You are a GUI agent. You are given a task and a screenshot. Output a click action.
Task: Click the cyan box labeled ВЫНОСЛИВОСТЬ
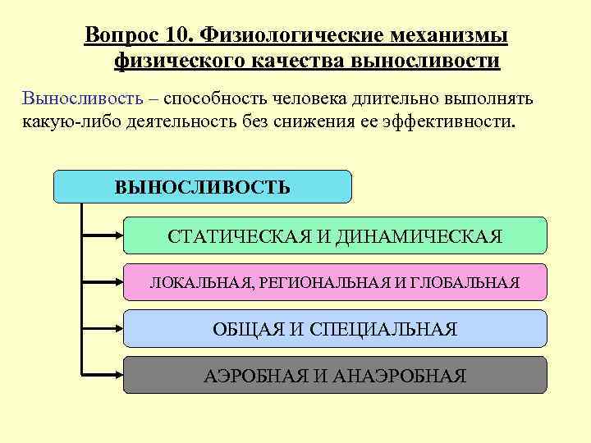tap(202, 187)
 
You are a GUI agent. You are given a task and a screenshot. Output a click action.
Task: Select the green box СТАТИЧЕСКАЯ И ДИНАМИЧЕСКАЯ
tap(335, 235)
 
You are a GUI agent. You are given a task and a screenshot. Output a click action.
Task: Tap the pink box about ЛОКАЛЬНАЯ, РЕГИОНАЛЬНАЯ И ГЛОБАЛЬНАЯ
tap(335, 282)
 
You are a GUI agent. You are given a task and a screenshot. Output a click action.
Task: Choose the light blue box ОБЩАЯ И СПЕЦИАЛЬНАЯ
tap(335, 329)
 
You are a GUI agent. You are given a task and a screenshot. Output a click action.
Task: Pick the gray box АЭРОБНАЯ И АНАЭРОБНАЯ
tap(335, 376)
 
